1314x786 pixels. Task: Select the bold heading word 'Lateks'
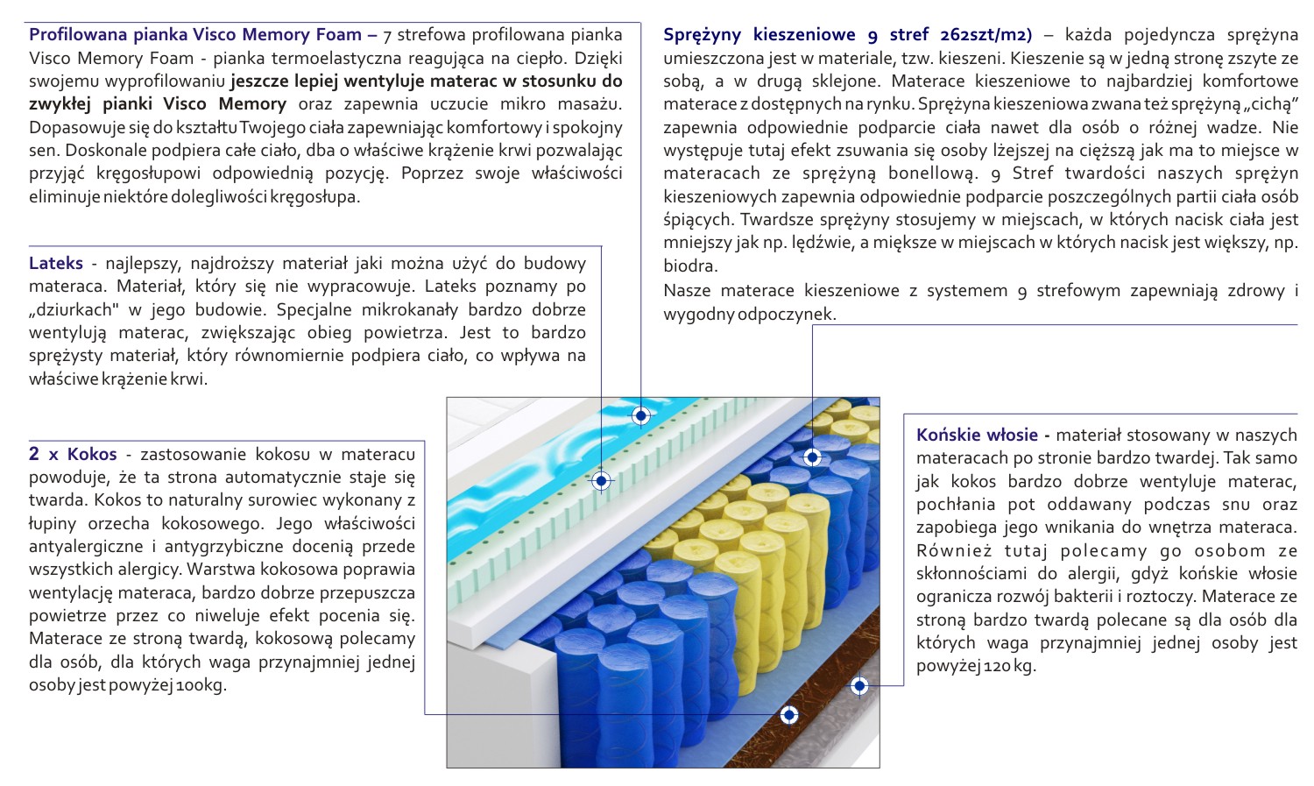click(x=56, y=263)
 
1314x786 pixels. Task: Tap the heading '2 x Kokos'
click(x=73, y=454)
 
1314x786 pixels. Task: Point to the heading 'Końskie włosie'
click(x=977, y=435)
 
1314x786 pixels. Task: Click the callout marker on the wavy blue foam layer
click(x=641, y=415)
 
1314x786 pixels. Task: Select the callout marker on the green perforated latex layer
click(x=601, y=480)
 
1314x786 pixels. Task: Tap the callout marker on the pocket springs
click(x=812, y=457)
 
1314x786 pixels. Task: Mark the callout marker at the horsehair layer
click(x=859, y=685)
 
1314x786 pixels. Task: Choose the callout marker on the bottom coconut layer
click(x=789, y=715)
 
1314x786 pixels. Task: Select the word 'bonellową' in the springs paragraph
click(x=929, y=173)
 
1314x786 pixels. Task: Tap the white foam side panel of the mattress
click(x=499, y=701)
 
